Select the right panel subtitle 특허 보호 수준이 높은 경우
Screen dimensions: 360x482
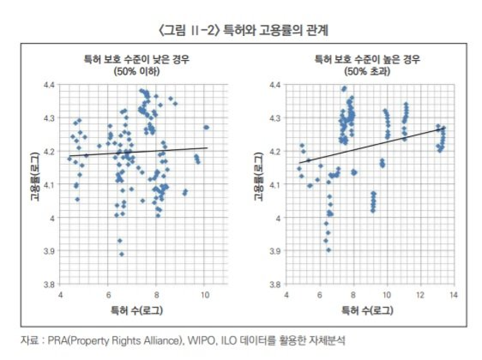(367, 60)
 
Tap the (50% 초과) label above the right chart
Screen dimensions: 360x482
(367, 71)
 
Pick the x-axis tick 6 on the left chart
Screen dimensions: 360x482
(109, 295)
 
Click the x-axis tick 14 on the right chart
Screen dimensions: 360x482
(453, 295)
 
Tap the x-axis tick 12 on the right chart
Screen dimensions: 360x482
(420, 295)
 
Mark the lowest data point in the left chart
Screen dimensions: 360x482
(121, 254)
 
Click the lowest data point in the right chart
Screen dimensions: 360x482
(328, 250)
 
